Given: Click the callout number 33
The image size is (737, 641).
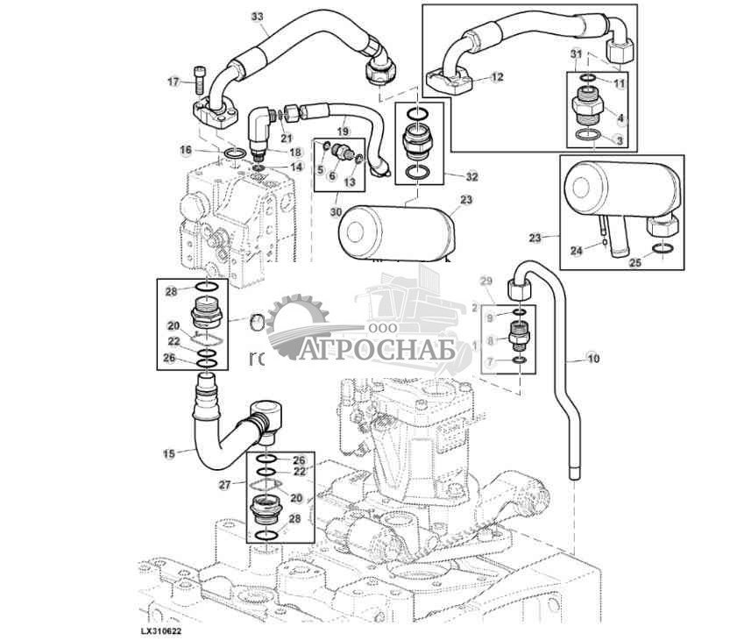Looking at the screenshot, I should (257, 17).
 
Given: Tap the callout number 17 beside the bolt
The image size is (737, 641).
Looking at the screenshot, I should (174, 82).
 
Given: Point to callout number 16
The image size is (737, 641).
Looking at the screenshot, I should (186, 150).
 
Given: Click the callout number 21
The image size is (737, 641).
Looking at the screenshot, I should (286, 138).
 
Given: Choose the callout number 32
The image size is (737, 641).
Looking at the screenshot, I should (471, 176).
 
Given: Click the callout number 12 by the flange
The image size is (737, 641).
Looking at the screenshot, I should (497, 77).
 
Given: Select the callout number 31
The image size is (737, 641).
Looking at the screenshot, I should (576, 54).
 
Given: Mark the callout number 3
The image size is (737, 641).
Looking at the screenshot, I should (620, 139).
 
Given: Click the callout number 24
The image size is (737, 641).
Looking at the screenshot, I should (576, 251).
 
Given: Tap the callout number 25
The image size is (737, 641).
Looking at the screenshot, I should (635, 261).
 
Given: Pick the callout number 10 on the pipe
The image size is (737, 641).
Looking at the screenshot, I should (593, 359).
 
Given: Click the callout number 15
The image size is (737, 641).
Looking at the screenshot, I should (169, 452).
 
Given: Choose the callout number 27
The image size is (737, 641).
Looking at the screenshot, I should (223, 484).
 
